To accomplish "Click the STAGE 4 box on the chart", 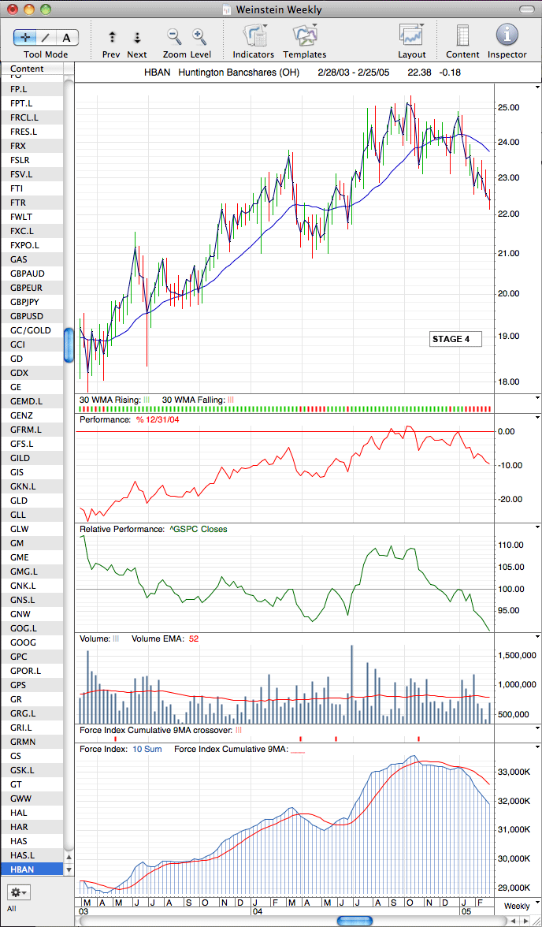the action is coord(455,339).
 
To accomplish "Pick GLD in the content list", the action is coord(19,500).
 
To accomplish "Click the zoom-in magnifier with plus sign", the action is coord(200,36).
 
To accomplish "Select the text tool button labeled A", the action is coord(67,38).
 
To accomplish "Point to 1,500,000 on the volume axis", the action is coord(516,655).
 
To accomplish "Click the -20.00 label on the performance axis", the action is coord(510,499).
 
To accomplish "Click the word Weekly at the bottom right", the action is coord(517,906).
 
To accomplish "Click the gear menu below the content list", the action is coord(19,892).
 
